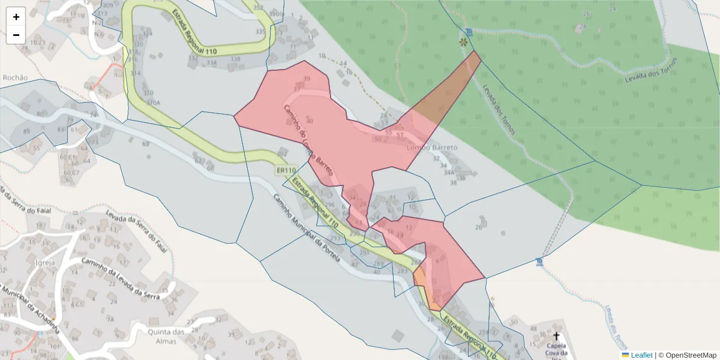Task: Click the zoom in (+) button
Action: [x=16, y=17]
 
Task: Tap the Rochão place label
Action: [x=15, y=77]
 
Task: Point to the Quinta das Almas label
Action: [x=165, y=337]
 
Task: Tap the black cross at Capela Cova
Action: [x=556, y=336]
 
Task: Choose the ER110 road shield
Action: [x=287, y=170]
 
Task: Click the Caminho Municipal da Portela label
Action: [x=306, y=228]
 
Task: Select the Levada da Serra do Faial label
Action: [x=135, y=229]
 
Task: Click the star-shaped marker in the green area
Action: [x=463, y=43]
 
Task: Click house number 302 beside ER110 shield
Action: [x=281, y=154]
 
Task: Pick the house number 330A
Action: [x=154, y=103]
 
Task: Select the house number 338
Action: [x=235, y=59]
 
